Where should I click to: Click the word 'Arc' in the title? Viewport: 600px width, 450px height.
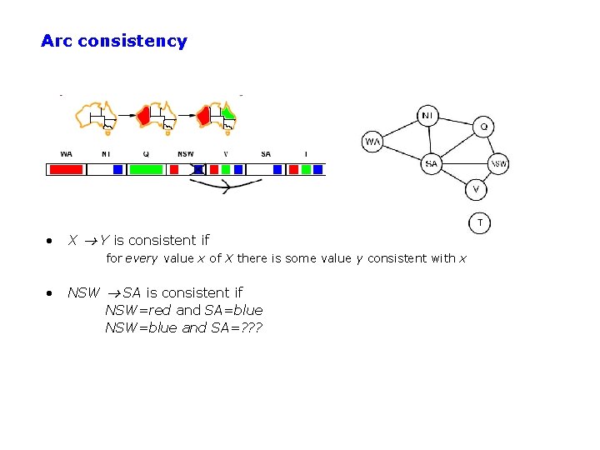click(x=57, y=41)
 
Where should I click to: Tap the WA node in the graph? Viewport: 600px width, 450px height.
click(x=372, y=142)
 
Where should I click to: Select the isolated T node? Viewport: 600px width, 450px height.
click(x=479, y=222)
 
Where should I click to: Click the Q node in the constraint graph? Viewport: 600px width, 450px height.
click(x=484, y=127)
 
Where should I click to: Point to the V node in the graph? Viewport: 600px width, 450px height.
click(x=476, y=189)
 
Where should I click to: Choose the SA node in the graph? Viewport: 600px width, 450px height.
click(x=431, y=164)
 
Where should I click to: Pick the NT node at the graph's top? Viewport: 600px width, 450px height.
click(x=427, y=115)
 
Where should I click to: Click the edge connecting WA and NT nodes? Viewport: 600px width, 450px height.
click(x=399, y=128)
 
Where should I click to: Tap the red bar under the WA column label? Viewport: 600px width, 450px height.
click(x=67, y=169)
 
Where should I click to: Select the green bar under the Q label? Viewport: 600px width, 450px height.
click(x=146, y=169)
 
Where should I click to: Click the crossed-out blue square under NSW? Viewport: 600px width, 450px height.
click(x=198, y=169)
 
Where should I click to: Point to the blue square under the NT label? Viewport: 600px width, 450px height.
click(x=117, y=169)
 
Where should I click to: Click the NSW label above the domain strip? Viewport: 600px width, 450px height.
click(x=185, y=154)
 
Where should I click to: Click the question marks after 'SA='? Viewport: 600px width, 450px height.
click(x=250, y=327)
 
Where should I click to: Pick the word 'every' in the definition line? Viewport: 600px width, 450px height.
click(x=141, y=258)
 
